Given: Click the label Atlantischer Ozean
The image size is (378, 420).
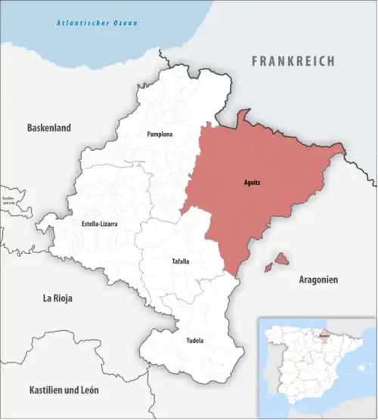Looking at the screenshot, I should click(x=98, y=23).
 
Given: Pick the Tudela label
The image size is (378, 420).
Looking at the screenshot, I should click(x=194, y=341).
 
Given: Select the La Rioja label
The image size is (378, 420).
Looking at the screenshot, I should click(x=57, y=299).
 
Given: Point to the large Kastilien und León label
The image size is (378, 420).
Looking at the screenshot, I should click(x=64, y=391).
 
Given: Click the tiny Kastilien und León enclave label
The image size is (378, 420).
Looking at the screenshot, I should click(x=9, y=201).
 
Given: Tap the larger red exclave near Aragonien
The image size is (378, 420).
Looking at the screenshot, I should click(x=280, y=259).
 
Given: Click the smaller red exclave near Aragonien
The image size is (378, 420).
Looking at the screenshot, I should click(x=267, y=267).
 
